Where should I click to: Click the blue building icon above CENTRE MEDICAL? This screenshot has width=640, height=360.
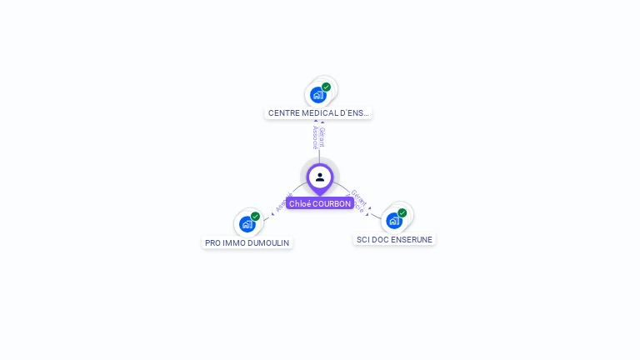tap(317, 95)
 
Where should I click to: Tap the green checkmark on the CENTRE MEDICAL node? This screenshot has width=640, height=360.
tap(326, 87)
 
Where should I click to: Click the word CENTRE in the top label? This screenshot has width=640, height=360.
tap(283, 113)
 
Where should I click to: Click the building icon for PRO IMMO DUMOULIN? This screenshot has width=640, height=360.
tap(247, 224)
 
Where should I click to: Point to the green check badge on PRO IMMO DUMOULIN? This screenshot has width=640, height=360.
tap(255, 217)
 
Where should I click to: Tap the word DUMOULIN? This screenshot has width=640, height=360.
tap(268, 243)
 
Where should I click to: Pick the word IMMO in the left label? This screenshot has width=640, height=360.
tap(235, 243)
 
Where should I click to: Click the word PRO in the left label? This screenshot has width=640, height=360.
tap(213, 243)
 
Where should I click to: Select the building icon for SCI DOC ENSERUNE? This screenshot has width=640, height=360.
tap(393, 221)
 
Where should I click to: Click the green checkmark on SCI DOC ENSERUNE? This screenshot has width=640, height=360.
tap(402, 213)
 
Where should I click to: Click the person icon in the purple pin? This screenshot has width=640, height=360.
tap(320, 177)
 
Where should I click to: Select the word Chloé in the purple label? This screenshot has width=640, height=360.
tap(300, 204)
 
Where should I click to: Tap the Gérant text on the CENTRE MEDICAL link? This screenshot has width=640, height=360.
tap(322, 137)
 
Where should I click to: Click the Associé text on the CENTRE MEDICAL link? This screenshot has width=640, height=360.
tap(316, 137)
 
